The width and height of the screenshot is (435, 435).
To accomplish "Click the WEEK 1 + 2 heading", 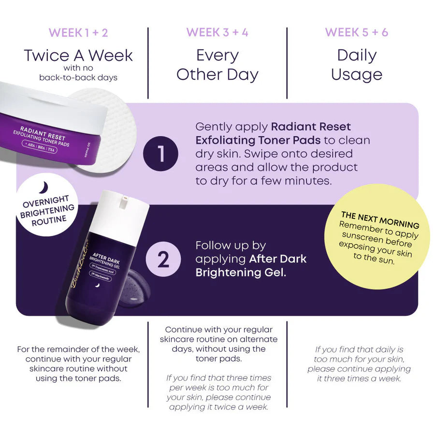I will pos(78,33).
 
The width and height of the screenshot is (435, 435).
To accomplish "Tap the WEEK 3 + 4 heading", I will pos(217,33).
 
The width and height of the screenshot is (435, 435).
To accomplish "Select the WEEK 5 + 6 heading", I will pos(356,33).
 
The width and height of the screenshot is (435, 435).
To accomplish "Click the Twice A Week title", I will pos(78,55).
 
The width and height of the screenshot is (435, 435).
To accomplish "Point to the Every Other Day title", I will pos(217,65).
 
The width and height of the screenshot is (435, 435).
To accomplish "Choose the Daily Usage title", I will pos(357,65).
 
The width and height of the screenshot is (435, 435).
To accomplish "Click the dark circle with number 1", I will pos(160,155).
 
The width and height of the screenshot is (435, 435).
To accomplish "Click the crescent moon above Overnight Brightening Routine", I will pos(43,187).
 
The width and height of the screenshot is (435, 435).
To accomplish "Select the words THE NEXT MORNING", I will pos(380,219).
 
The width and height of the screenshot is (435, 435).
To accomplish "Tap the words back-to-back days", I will pos(78,77).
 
